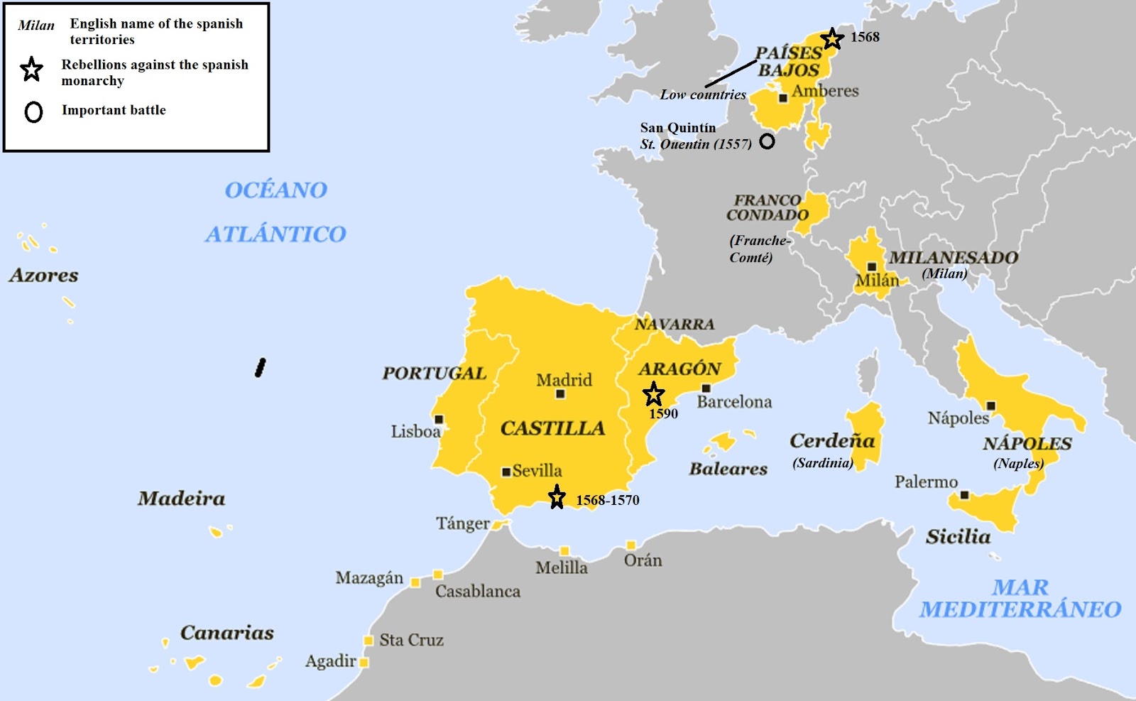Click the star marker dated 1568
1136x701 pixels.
pyautogui.click(x=832, y=38)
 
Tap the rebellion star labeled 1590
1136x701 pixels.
pyautogui.click(x=653, y=393)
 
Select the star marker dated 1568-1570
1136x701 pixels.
pyautogui.click(x=557, y=497)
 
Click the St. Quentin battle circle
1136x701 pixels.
pyautogui.click(x=767, y=141)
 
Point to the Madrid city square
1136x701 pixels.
pyautogui.click(x=560, y=393)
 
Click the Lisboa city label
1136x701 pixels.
pyautogui.click(x=415, y=431)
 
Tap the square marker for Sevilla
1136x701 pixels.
pyautogui.click(x=506, y=472)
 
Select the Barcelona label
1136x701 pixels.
pyautogui.click(x=734, y=402)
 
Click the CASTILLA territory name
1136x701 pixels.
pyautogui.click(x=552, y=428)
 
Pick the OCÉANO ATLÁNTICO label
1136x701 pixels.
pyautogui.click(x=275, y=212)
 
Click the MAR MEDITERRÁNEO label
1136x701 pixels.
pyautogui.click(x=1020, y=598)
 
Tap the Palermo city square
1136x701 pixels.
pyautogui.click(x=964, y=495)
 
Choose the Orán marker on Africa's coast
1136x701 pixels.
pyautogui.click(x=630, y=545)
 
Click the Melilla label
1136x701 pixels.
pyautogui.click(x=561, y=567)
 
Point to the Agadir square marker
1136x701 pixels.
pyautogui.click(x=364, y=662)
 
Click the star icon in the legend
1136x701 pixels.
pyautogui.click(x=31, y=70)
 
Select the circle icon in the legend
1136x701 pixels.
pyautogui.click(x=33, y=112)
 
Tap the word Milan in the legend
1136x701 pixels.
pyautogui.click(x=36, y=26)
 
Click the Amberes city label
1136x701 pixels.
pyautogui.click(x=825, y=91)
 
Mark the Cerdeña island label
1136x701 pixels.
pyautogui.click(x=832, y=441)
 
